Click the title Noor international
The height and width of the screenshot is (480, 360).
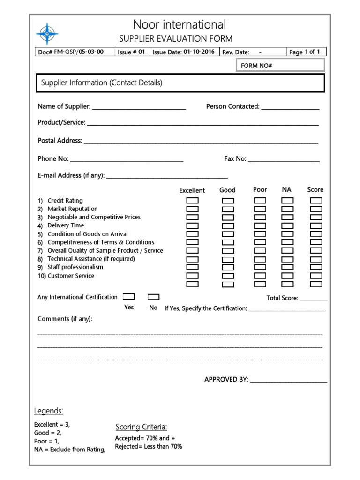click(x=180, y=24)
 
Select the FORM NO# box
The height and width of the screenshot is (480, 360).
click(x=280, y=66)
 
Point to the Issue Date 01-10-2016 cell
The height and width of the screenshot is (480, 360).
click(x=183, y=52)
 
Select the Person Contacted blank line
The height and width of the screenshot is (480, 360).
click(x=290, y=108)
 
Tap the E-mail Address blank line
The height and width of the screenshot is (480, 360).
click(x=167, y=177)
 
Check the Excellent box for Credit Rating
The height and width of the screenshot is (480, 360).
click(x=193, y=201)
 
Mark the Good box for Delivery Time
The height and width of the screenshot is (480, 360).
click(x=228, y=225)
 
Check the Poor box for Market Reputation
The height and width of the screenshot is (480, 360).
click(x=260, y=209)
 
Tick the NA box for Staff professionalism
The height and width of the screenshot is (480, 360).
click(x=287, y=267)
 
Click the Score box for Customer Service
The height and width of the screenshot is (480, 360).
click(x=316, y=276)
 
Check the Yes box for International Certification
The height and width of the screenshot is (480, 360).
click(x=128, y=297)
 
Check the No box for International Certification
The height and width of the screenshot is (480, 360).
click(x=153, y=297)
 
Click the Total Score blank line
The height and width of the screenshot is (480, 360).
click(x=314, y=299)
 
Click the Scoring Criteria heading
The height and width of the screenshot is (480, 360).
click(x=141, y=427)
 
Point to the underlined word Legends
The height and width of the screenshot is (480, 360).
click(x=48, y=411)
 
